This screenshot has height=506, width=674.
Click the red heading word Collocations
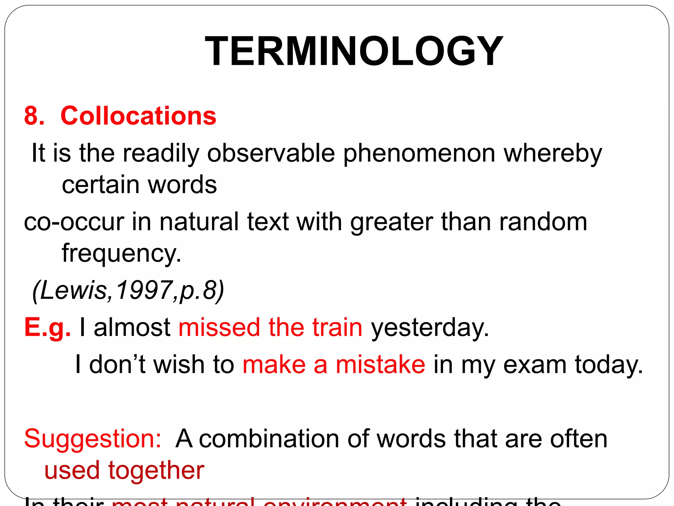138,116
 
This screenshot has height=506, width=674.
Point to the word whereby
553,154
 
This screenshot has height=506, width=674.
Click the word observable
271,154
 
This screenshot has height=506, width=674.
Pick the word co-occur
74,222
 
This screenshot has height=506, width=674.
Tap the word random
543,222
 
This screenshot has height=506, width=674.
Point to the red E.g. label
47,327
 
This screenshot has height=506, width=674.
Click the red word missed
219,327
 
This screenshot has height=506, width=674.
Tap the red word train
337,327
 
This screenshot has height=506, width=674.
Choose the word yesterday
429,328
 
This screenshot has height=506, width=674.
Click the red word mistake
380,365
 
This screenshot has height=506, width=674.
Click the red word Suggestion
92,439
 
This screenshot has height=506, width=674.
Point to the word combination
269,439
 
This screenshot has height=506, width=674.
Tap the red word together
156,470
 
